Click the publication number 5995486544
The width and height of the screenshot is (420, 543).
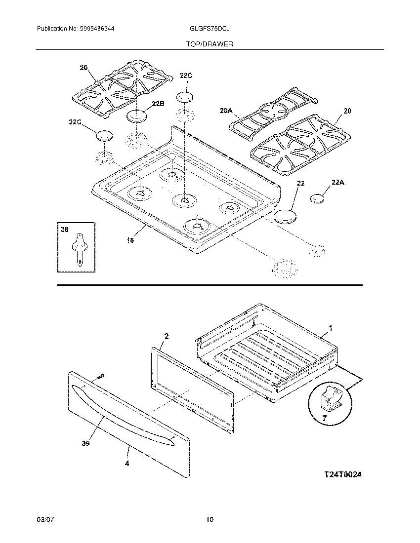pyautogui.click(x=97, y=29)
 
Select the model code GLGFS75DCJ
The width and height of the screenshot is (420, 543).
pyautogui.click(x=210, y=29)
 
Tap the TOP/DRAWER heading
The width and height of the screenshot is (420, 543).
pyautogui.click(x=210, y=44)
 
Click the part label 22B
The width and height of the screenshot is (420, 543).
pyautogui.click(x=158, y=104)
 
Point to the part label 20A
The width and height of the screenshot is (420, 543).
pyautogui.click(x=225, y=112)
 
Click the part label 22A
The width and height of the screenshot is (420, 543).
pyautogui.click(x=338, y=182)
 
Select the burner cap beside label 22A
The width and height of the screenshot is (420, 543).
pyautogui.click(x=318, y=198)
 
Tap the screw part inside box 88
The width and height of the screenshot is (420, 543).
pyautogui.click(x=79, y=250)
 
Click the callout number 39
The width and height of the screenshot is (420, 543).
pyautogui.click(x=85, y=444)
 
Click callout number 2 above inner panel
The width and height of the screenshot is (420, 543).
pyautogui.click(x=166, y=336)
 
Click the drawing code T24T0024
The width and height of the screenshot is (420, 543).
pyautogui.click(x=343, y=474)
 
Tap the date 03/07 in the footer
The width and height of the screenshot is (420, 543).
pyautogui.click(x=44, y=519)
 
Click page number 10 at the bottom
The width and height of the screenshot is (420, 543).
pyautogui.click(x=210, y=519)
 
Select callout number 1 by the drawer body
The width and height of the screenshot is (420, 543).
pyautogui.click(x=331, y=327)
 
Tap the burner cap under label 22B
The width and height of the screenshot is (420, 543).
pyautogui.click(x=137, y=116)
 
